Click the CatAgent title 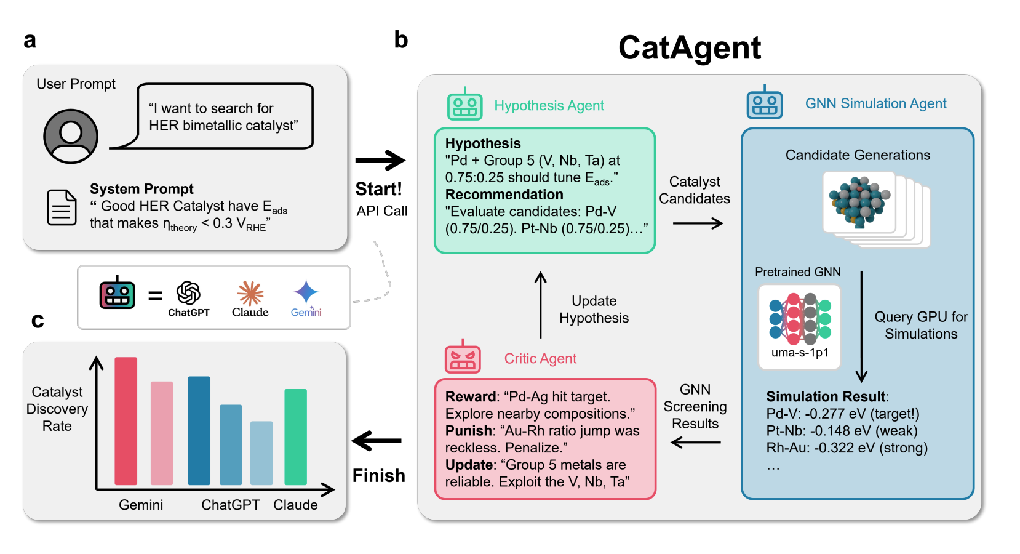click(x=689, y=48)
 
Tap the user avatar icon click(x=71, y=136)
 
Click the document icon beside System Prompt click(x=62, y=207)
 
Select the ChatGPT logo click(x=188, y=294)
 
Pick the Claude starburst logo click(x=250, y=293)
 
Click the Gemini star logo click(x=306, y=292)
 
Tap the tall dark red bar click(x=126, y=421)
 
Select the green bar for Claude click(x=295, y=436)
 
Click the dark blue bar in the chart click(x=199, y=430)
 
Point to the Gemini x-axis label click(x=141, y=505)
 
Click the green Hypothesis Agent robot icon click(x=464, y=105)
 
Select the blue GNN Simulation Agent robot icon click(x=764, y=103)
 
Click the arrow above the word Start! click(x=380, y=161)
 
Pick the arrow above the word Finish click(x=377, y=441)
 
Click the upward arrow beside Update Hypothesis click(x=541, y=305)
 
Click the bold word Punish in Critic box click(x=469, y=431)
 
